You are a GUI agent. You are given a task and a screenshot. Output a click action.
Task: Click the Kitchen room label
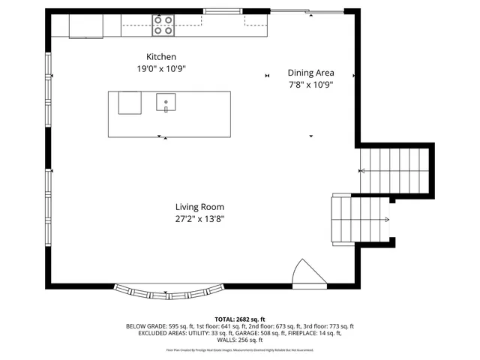tap(161, 56)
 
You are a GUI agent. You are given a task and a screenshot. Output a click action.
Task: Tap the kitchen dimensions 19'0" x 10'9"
tap(161, 68)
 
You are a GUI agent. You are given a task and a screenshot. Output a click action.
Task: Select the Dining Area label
tap(310, 73)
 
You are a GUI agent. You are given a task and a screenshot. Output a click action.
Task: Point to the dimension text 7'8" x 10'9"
tap(310, 85)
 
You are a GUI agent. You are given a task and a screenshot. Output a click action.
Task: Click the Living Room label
tap(199, 207)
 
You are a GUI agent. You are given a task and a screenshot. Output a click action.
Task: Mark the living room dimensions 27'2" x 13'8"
tap(199, 219)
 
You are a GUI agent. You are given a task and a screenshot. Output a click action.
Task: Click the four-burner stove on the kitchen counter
tap(163, 25)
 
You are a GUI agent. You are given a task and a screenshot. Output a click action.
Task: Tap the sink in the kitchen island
tap(166, 101)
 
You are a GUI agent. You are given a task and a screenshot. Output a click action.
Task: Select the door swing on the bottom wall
tap(307, 275)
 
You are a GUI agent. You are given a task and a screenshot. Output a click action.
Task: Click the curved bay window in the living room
tap(169, 289)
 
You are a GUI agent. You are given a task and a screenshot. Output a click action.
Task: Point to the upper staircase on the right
tap(394, 170)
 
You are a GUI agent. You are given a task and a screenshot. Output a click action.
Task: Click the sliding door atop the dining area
tap(307, 11)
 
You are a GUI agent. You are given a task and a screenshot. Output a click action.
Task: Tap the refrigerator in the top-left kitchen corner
tap(85, 25)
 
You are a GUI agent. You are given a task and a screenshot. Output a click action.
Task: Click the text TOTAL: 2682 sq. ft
tap(240, 319)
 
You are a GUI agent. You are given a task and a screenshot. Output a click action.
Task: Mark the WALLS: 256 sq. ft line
tap(240, 340)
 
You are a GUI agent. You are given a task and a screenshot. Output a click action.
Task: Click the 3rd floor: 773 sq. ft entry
tap(328, 326)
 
